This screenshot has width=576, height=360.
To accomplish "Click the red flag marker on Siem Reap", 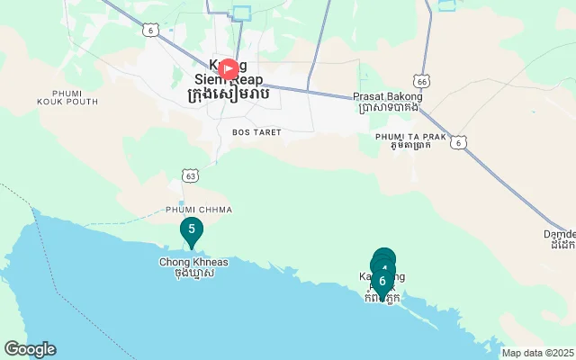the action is point(229,69).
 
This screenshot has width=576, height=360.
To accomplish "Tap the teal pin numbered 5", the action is point(191,230).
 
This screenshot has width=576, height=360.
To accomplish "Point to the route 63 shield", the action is point(190,176).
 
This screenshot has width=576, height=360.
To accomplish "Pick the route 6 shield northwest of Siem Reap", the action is point(148,30).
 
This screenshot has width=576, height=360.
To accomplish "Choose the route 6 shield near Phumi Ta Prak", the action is point(460,142).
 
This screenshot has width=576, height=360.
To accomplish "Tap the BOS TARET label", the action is point(256,132).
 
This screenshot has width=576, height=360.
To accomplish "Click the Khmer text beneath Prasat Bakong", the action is point(387,108).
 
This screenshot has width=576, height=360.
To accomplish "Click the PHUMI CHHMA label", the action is point(199,210).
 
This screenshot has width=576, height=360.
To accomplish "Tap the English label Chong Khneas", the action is point(193,262).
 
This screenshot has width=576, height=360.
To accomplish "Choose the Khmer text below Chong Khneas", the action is point(193,274).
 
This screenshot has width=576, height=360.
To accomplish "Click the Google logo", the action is point(30,349).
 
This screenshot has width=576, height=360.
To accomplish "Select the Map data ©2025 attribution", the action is point(537,353).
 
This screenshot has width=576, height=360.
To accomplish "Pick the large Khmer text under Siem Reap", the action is point(227,95).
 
